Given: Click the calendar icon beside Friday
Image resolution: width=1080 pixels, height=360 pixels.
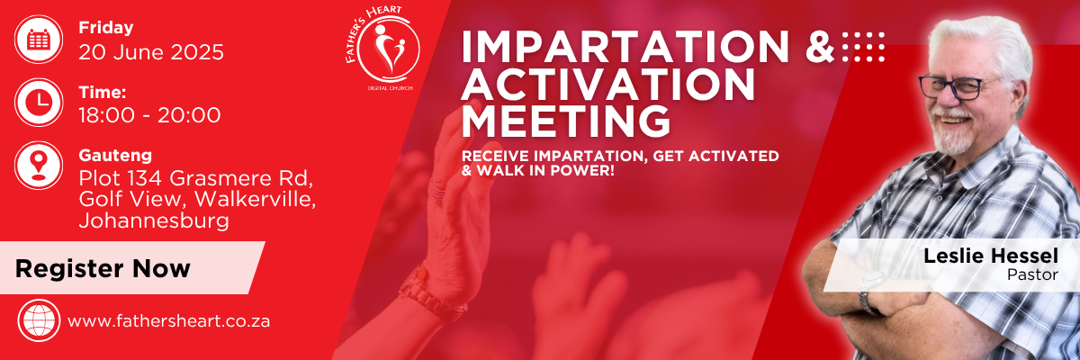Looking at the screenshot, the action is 39,39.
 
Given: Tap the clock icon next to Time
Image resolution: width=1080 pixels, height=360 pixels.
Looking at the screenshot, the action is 39,103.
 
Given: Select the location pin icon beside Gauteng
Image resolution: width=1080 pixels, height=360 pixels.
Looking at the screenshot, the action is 39,166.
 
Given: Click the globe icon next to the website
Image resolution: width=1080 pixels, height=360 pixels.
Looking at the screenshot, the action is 39,320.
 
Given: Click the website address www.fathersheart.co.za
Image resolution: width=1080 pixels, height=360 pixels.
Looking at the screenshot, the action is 169,321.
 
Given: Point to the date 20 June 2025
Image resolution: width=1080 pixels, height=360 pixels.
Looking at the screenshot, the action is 151,52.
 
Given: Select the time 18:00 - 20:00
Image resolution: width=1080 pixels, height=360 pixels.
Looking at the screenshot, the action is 149,115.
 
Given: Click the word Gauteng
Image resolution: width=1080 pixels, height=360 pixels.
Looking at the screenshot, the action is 115,156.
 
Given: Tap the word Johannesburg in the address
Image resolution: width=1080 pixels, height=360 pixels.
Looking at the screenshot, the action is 154,220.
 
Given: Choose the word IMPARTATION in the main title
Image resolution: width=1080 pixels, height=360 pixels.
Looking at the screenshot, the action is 625,47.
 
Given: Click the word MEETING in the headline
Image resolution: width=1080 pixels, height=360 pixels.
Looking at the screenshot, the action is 566,121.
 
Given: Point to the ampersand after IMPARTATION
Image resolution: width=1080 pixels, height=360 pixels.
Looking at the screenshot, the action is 820,47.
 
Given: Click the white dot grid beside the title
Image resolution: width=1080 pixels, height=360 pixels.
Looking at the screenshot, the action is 863,47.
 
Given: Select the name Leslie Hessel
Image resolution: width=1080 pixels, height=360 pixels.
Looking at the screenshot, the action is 991,256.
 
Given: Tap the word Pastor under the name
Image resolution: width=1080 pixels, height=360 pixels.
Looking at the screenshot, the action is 1032,274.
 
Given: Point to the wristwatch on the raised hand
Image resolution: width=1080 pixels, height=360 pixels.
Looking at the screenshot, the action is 431,294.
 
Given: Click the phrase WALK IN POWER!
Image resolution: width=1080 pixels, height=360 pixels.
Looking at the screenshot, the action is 544,171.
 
